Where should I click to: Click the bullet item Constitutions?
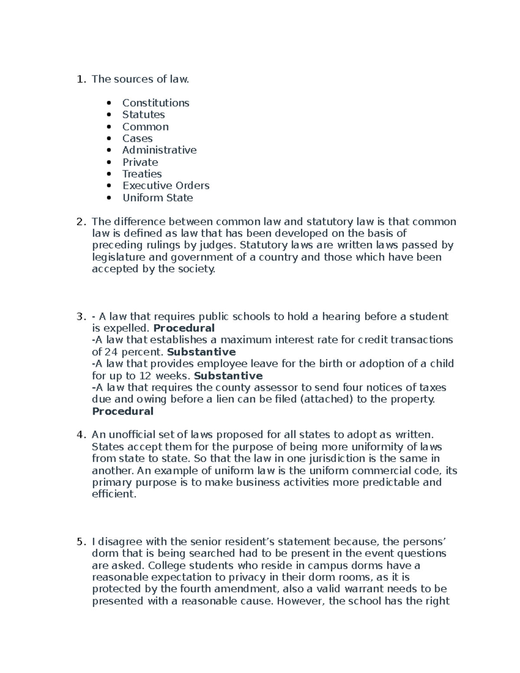(x=156, y=103)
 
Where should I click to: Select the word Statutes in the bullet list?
(x=143, y=114)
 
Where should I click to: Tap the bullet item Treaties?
(x=142, y=174)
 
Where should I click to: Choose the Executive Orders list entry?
(x=166, y=185)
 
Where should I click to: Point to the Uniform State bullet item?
(x=157, y=198)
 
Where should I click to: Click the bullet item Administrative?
(x=159, y=150)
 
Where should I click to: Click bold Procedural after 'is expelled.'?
(x=184, y=328)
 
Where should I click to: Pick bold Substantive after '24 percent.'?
(x=201, y=351)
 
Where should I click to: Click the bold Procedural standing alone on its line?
(x=123, y=411)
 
